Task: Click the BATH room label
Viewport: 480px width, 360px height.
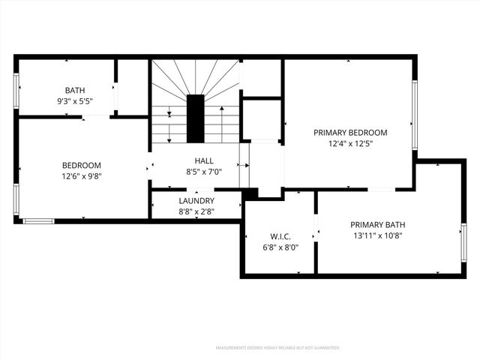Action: [x=75, y=90]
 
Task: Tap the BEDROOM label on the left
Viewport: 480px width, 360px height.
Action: [x=81, y=165]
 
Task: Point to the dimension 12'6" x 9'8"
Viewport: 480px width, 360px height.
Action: [x=81, y=176]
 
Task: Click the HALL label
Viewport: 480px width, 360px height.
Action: [x=204, y=160]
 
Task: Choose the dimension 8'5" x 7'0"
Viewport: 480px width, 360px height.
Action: [x=204, y=172]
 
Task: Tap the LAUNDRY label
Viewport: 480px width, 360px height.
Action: [x=196, y=201]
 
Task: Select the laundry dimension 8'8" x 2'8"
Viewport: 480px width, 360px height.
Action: [x=196, y=212]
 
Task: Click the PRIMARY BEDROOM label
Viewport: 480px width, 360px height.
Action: [x=350, y=132]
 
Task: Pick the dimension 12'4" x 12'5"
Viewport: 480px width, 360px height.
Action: [x=350, y=143]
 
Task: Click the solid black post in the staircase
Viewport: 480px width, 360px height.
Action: [x=195, y=118]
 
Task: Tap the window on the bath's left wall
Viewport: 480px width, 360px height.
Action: [x=16, y=90]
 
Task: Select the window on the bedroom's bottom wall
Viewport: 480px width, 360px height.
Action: [x=38, y=220]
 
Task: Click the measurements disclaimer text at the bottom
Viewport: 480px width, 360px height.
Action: [x=277, y=348]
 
